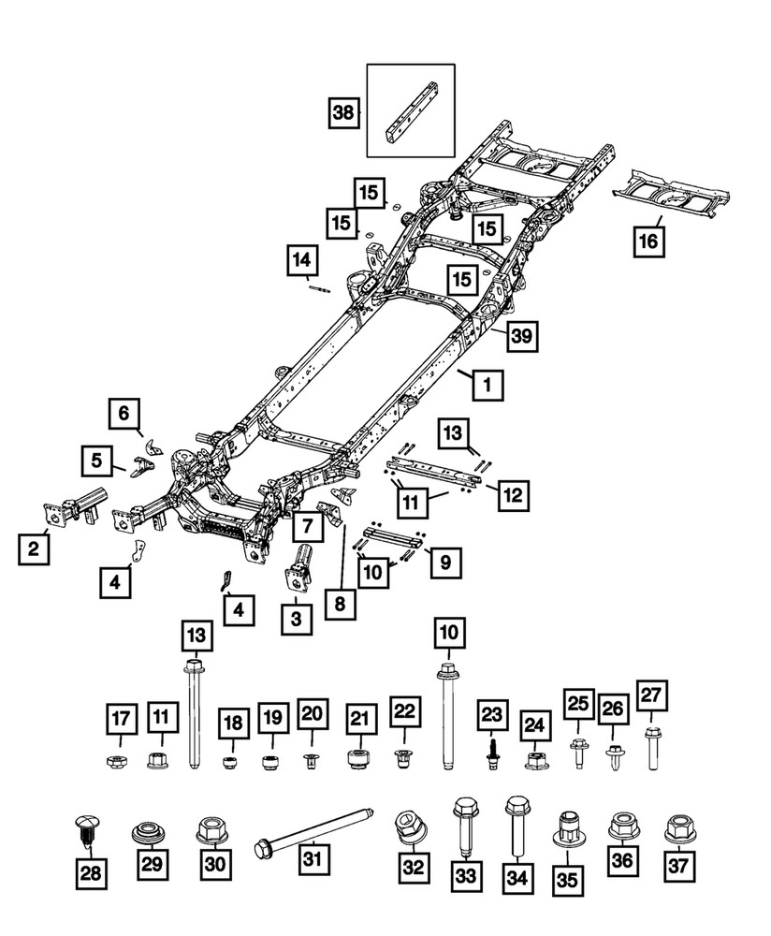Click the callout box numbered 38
342,114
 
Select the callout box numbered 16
647,241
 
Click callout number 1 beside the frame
487,383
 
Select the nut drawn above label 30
214,829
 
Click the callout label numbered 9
445,563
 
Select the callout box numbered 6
124,412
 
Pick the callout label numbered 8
340,605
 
